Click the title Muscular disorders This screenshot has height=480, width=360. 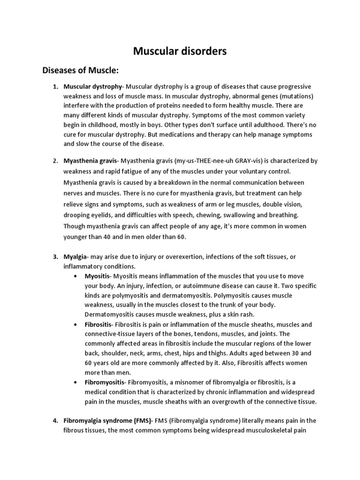[180, 51]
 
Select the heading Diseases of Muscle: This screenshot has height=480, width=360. [81, 70]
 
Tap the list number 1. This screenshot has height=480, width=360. [55, 87]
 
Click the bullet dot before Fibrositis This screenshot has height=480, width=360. [76, 324]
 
